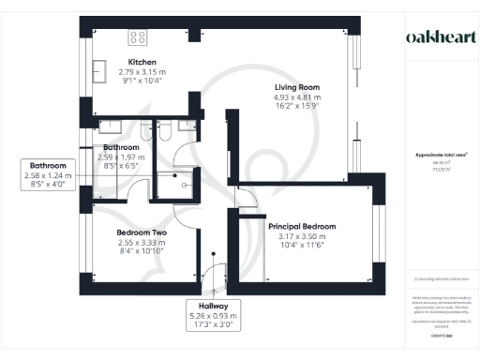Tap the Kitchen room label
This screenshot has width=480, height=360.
tap(141, 61)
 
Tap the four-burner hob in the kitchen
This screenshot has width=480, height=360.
tap(138, 37)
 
